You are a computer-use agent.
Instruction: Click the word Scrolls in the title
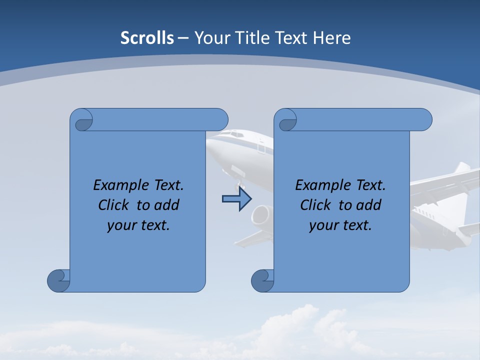click(x=147, y=38)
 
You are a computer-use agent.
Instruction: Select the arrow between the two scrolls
click(x=236, y=199)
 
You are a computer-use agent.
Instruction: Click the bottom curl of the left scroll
click(x=58, y=280)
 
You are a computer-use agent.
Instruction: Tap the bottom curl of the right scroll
click(x=262, y=280)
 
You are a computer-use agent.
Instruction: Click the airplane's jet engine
click(x=261, y=215)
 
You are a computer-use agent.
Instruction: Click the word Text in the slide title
click(x=292, y=38)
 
